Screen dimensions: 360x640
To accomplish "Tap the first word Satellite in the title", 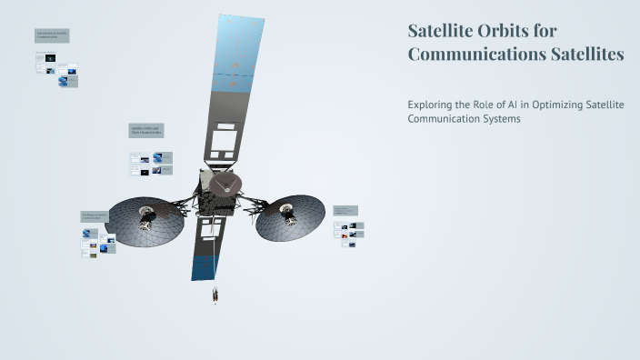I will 439,31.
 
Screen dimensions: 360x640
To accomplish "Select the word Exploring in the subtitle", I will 431,105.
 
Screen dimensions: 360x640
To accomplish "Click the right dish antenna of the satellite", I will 290,217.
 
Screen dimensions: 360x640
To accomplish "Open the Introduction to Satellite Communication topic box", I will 52,35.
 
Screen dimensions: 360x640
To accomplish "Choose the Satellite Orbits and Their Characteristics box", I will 145,131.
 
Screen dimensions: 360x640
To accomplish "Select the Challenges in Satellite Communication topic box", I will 95,216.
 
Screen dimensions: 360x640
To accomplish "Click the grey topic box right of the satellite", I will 345,211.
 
